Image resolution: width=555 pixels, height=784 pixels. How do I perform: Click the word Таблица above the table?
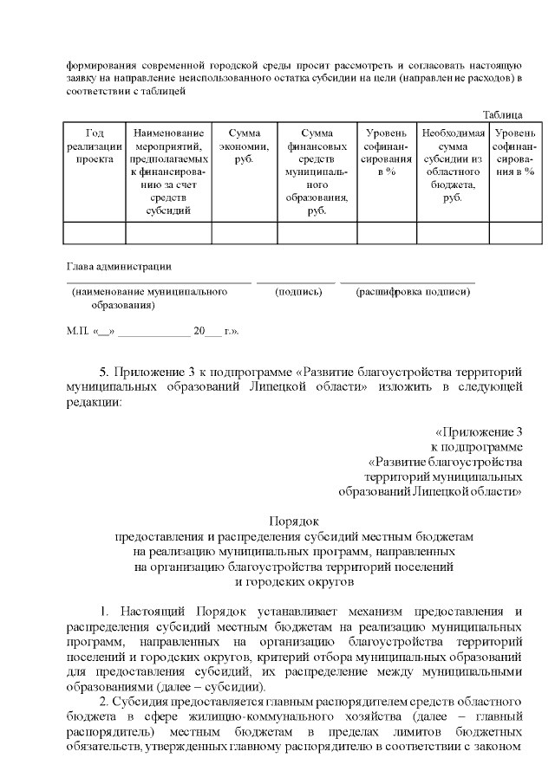coord(502,114)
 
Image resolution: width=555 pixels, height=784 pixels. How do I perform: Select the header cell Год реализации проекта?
coord(95,146)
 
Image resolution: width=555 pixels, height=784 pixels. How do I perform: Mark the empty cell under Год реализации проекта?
coord(95,233)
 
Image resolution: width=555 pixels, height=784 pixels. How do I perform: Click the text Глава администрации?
coord(119,266)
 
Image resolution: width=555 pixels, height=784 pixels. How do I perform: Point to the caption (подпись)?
coord(298,293)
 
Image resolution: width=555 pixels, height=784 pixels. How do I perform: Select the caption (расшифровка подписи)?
coord(413,293)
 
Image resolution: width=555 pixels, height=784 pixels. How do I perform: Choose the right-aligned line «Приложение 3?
coord(479,431)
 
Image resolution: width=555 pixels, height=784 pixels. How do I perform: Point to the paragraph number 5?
coord(104,371)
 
